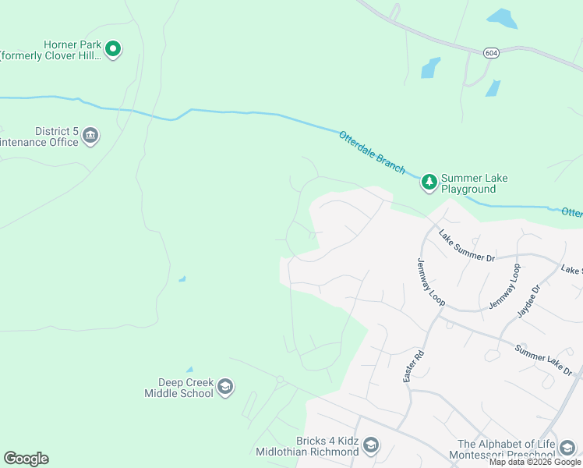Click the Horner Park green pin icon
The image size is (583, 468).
point(113,50)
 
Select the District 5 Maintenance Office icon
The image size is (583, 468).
point(90,136)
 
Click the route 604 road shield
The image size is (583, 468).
point(490,53)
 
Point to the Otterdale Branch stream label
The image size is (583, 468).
point(372,152)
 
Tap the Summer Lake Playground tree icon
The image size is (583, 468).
point(429,183)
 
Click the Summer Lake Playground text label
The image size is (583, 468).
point(474,183)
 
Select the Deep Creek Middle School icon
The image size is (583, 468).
point(225,387)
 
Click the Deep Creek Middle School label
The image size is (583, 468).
point(178,388)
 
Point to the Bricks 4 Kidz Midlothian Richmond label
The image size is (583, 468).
point(308,446)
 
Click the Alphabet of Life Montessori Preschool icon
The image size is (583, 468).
point(567,448)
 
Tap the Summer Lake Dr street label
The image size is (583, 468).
point(544,359)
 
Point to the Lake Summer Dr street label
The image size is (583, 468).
point(466,246)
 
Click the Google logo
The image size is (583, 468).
point(26,459)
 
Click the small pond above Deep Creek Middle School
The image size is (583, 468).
point(189,370)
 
